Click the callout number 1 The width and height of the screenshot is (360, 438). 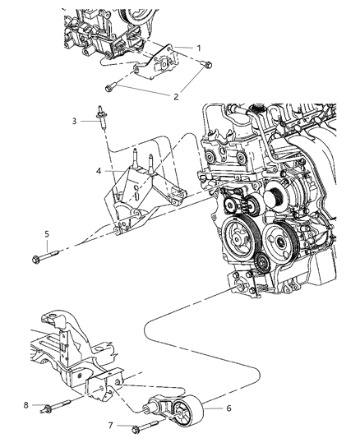coord(199,48)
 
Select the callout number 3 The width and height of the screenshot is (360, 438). coord(74,122)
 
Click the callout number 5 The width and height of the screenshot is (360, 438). coord(48,233)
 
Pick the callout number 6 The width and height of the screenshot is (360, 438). coord(205,405)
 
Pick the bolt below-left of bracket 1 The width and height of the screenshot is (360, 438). coord(113,85)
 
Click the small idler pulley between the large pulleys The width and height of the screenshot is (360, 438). coord(261,264)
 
